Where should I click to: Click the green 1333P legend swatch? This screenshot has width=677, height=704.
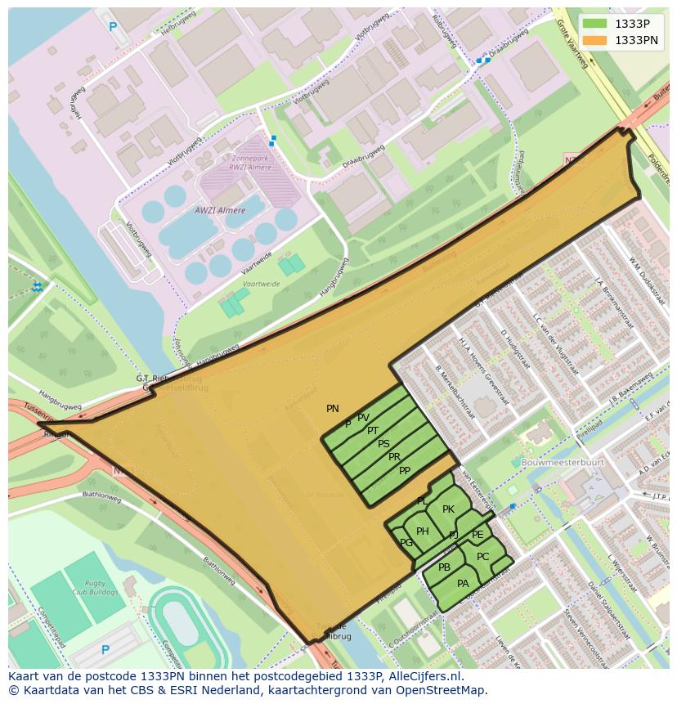pyautogui.click(x=594, y=24)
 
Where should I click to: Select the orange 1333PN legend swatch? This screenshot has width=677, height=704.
pyautogui.click(x=594, y=40)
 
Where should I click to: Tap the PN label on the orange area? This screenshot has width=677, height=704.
pyautogui.click(x=332, y=409)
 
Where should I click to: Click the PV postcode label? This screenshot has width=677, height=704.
pyautogui.click(x=363, y=419)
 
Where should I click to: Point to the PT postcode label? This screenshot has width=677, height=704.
pyautogui.click(x=373, y=431)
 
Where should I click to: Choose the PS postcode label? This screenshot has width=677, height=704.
pyautogui.click(x=383, y=444)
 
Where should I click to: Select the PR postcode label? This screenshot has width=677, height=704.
pyautogui.click(x=394, y=457)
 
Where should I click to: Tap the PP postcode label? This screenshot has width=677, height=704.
pyautogui.click(x=404, y=471)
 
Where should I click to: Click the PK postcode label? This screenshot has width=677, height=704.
pyautogui.click(x=448, y=509)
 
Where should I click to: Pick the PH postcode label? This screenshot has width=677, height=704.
pyautogui.click(x=422, y=531)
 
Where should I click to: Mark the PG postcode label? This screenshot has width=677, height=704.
pyautogui.click(x=406, y=542)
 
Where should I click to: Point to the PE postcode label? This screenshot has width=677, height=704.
pyautogui.click(x=477, y=535)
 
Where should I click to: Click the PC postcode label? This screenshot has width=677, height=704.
pyautogui.click(x=482, y=557)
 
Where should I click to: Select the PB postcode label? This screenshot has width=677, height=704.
pyautogui.click(x=444, y=567)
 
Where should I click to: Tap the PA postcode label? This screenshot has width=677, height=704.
pyautogui.click(x=463, y=584)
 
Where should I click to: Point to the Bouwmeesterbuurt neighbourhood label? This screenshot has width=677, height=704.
pyautogui.click(x=563, y=462)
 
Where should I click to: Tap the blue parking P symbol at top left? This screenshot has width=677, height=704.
pyautogui.click(x=113, y=27)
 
